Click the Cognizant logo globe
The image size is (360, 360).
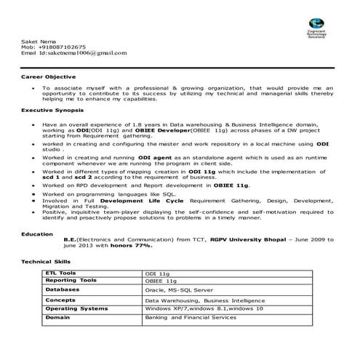317,24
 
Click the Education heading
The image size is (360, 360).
36,233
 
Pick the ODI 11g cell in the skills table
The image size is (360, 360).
157,273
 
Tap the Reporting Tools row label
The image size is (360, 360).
71,280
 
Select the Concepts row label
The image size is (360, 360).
60,300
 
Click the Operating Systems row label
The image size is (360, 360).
76,308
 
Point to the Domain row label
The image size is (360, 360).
57,318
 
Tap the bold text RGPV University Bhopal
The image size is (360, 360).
240,239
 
